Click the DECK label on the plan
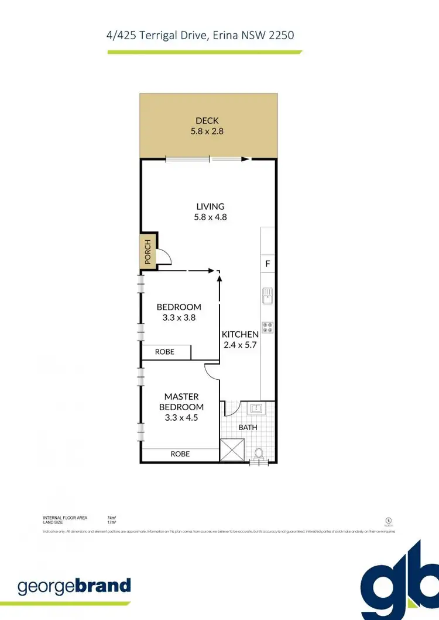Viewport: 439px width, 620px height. coord(207,121)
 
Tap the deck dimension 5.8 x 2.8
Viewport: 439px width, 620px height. coord(207,131)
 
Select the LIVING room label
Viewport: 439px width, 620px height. coord(210,206)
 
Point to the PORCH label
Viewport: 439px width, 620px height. coord(148,252)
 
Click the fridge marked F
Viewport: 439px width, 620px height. coord(267,264)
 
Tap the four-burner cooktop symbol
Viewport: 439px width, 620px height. coord(267,328)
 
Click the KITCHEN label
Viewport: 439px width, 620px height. coord(240,334)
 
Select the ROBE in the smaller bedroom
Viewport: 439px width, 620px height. coord(164,352)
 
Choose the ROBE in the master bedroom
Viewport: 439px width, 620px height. coord(180,453)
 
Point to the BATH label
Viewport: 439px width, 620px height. coord(248,427)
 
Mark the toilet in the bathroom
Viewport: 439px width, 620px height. coord(259,453)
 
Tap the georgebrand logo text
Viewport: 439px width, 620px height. coord(74,586)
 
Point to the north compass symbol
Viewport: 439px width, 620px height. coord(388,519)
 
